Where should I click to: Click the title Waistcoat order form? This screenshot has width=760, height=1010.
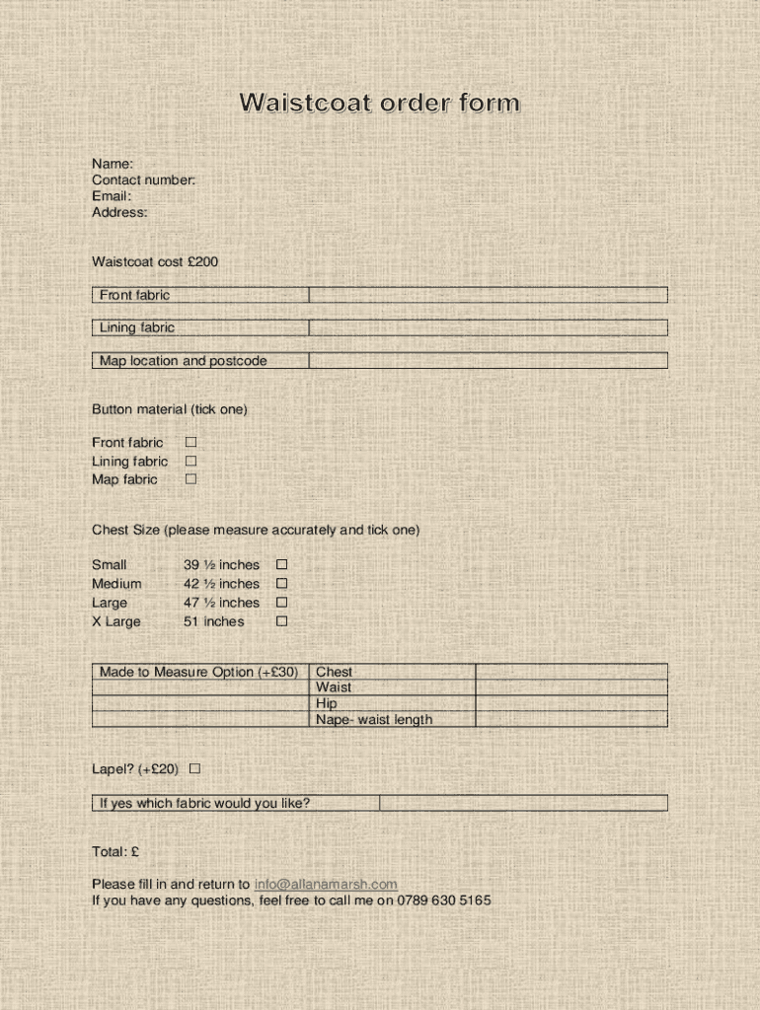(379, 104)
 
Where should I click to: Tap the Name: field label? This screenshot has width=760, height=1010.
(113, 164)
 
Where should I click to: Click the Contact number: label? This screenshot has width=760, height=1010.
(143, 180)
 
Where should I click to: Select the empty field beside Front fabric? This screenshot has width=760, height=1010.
(488, 295)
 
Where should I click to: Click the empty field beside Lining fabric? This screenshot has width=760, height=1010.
(488, 327)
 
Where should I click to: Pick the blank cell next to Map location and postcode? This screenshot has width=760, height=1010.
(488, 361)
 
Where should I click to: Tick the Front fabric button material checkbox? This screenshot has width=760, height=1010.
(191, 443)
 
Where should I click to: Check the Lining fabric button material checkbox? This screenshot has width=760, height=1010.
(191, 461)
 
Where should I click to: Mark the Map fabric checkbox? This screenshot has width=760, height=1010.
(191, 479)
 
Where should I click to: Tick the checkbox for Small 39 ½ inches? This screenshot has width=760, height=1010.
(281, 565)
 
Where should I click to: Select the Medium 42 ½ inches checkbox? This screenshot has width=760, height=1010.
(281, 584)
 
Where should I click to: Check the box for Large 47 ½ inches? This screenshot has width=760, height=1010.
(281, 603)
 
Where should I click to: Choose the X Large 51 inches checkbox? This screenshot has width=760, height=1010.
(281, 621)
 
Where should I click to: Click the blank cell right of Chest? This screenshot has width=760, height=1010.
(570, 672)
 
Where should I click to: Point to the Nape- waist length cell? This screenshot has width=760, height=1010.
(373, 720)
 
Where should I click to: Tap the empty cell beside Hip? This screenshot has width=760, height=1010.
(570, 703)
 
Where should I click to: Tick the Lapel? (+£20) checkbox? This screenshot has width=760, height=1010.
(194, 768)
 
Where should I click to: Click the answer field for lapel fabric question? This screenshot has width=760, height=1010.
(523, 803)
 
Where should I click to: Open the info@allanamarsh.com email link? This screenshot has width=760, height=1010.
(326, 885)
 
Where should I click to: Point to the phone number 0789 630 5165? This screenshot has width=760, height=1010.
(444, 901)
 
